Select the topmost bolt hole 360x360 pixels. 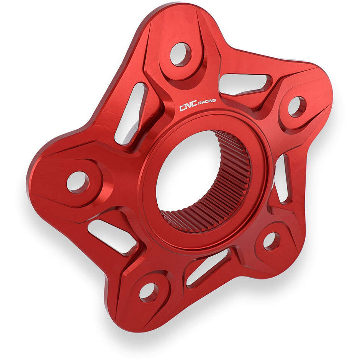(x=180, y=54)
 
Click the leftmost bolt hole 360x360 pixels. (x=78, y=182)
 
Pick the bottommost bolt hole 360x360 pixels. (x=148, y=292)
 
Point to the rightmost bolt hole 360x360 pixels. (x=296, y=106)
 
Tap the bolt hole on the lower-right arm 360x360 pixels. (x=271, y=241)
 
